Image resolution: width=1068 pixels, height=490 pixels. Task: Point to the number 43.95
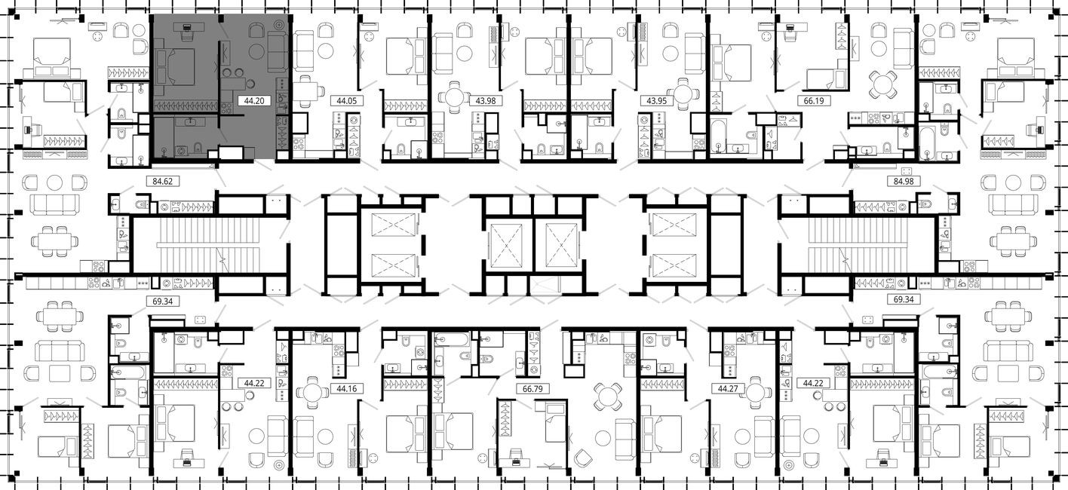coord(655,100)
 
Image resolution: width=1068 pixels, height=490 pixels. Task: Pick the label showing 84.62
coord(158,181)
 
